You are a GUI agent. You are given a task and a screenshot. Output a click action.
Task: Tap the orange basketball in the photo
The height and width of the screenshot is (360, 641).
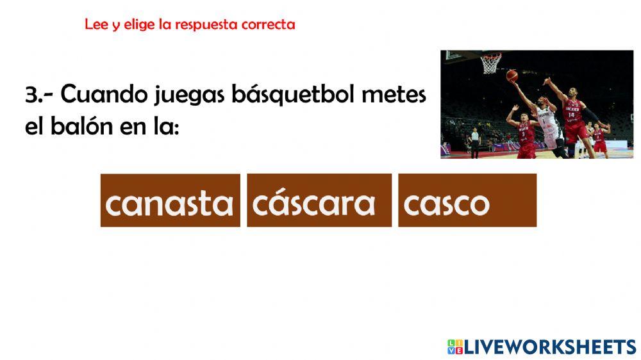coord(512,76)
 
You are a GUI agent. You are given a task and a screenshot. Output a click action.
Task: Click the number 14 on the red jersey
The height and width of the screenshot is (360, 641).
coord(571,115)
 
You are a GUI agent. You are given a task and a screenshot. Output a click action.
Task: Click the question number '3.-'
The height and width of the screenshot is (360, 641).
coord(40,95)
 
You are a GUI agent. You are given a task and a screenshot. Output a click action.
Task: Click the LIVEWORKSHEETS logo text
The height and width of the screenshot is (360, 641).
coord(550,347)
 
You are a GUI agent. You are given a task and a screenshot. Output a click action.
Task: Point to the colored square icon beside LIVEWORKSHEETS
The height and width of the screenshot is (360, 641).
coord(454,347)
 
